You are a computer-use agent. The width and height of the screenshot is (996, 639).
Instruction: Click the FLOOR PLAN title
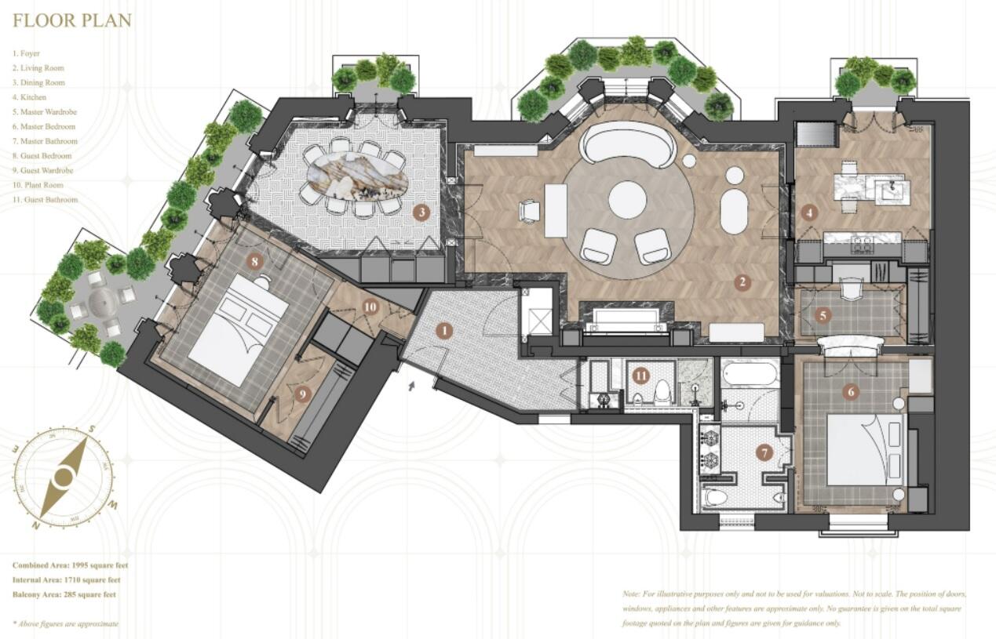[72, 20]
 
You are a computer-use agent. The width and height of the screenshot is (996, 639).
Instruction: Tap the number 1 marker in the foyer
[444, 331]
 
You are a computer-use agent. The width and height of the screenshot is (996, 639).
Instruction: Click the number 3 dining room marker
[421, 212]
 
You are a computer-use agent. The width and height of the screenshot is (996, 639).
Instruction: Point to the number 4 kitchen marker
[808, 212]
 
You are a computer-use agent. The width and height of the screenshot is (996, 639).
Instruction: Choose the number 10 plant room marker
[370, 307]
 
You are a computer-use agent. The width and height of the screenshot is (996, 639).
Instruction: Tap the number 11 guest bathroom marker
[641, 376]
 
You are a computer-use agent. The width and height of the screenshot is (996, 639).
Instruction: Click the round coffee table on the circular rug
[627, 199]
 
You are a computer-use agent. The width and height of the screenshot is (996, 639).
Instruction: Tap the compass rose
[64, 477]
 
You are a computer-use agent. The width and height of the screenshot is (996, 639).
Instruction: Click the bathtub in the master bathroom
[749, 374]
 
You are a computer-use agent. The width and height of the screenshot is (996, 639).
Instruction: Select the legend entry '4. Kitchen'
[29, 97]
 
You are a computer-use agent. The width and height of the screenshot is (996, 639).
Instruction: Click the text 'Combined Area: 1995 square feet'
[71, 565]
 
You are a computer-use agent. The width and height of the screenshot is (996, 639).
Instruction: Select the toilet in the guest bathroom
[662, 392]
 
